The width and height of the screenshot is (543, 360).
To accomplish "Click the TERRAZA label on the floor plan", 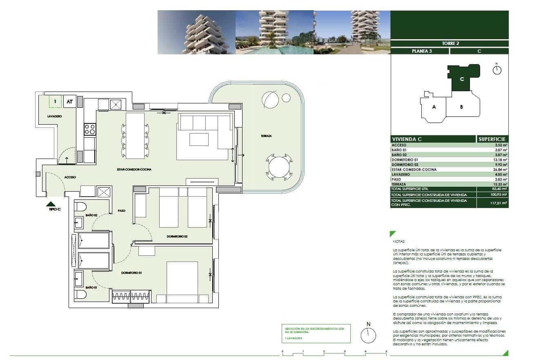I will (x=265, y=136).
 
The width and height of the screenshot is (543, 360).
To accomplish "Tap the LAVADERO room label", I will (x=54, y=116).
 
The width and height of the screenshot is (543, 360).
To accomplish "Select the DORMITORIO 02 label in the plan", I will (x=177, y=237).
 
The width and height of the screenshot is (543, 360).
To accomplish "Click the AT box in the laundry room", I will (x=70, y=102).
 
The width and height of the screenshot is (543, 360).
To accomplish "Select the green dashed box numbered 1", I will (x=55, y=101).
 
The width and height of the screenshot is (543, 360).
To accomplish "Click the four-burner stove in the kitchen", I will (x=89, y=130).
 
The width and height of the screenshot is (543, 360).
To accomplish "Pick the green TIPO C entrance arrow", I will (x=51, y=203).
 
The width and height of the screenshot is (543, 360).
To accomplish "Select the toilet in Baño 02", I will (x=80, y=206).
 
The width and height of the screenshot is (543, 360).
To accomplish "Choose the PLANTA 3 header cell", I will (x=419, y=51).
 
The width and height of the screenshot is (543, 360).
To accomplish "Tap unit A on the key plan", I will (x=434, y=107).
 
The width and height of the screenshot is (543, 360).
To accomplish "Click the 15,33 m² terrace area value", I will (x=499, y=184).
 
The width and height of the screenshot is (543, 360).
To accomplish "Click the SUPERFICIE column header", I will (x=492, y=139).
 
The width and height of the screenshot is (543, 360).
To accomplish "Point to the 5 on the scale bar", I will (x=386, y=351).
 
